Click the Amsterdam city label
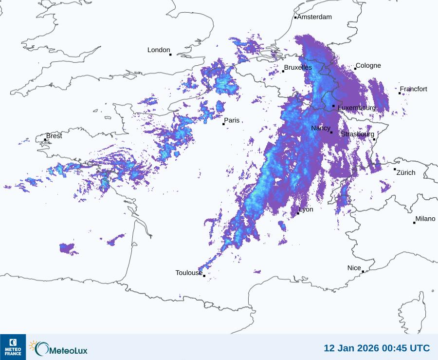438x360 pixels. [x=314, y=17]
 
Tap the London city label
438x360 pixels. [x=159, y=50]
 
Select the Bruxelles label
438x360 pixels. [x=298, y=67]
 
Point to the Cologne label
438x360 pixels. [x=368, y=66]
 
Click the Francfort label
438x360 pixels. [x=414, y=89]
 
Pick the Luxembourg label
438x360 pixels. [x=357, y=107]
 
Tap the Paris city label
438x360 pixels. [x=232, y=120]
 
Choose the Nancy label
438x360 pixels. [x=321, y=128]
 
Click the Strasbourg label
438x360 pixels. [x=358, y=134]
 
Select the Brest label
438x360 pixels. [x=54, y=136]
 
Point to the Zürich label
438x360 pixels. [x=406, y=172]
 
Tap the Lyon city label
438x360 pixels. [x=306, y=209]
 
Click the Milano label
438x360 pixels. [x=425, y=219]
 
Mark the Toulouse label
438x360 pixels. [x=189, y=273]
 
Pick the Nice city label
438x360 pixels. [x=354, y=268]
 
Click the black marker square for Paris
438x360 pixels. [x=223, y=124]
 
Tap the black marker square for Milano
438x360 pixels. [x=414, y=223]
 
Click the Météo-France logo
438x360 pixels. [x=13, y=347]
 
